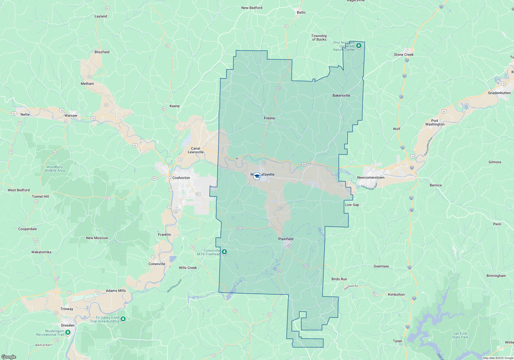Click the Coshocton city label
[x=181, y=178]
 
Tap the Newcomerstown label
[x=371, y=177]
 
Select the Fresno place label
[x=269, y=118]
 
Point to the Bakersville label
[x=341, y=95]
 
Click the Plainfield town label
[x=286, y=239]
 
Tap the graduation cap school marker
[x=257, y=176]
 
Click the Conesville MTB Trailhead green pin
[x=224, y=252]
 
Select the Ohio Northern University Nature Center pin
[x=359, y=46]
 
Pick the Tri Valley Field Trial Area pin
[x=123, y=319]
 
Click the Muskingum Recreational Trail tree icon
[x=68, y=332]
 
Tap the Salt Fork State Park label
[x=460, y=335]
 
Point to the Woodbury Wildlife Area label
[x=54, y=169]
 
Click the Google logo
[x=8, y=357]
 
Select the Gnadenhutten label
[x=499, y=93]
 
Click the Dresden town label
[x=68, y=325]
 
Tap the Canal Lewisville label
[x=196, y=150]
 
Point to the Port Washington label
[x=435, y=122]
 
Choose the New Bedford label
[x=252, y=8]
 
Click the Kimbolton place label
[x=396, y=294]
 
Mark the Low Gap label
[x=352, y=205]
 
